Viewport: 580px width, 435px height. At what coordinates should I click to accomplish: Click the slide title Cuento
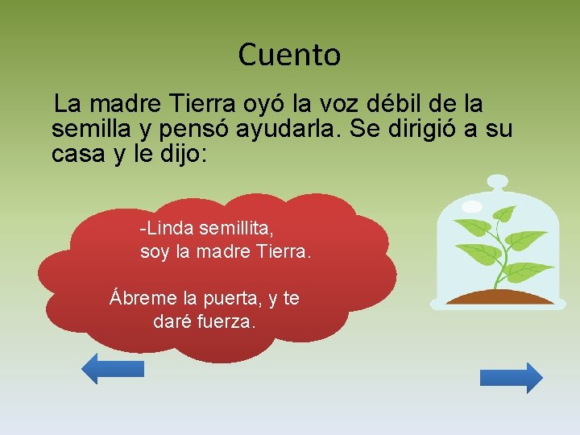289,55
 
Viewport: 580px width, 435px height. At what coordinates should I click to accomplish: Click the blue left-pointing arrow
113,369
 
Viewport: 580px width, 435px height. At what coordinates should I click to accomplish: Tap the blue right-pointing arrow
512,378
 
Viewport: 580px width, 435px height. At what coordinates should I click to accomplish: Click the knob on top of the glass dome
498,181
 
